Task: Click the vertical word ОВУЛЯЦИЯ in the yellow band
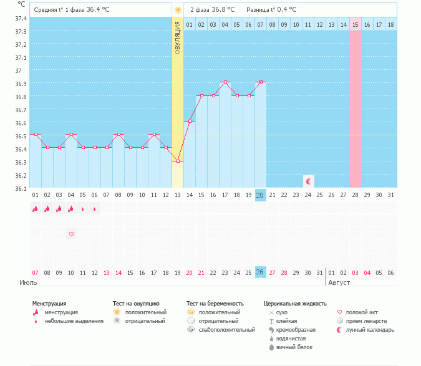tap(178, 37)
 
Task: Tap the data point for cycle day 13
tap(178, 161)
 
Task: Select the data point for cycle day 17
tap(225, 82)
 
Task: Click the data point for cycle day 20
tap(261, 82)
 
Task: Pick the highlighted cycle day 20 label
tap(261, 195)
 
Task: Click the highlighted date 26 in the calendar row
tap(261, 272)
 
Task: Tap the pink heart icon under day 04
tap(71, 234)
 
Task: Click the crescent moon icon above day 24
tap(308, 181)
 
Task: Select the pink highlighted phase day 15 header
tap(356, 24)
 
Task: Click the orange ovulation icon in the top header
tap(178, 10)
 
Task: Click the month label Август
tap(338, 282)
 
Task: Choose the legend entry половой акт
tap(362, 312)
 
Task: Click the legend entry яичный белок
tap(293, 347)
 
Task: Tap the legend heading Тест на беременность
tap(215, 303)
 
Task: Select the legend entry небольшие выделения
tap(69, 320)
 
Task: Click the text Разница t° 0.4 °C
tap(271, 10)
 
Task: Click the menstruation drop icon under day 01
tap(36, 209)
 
